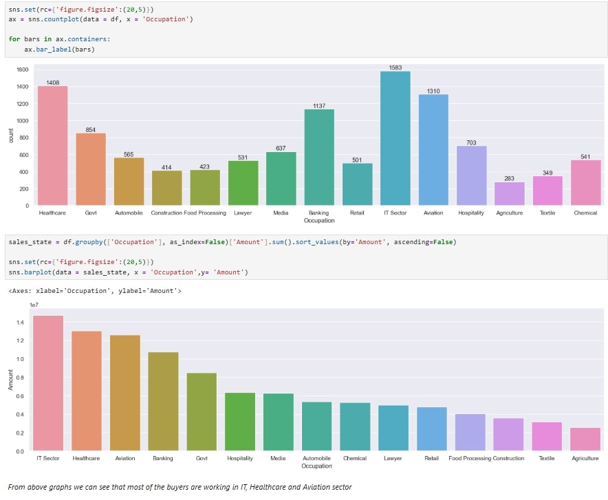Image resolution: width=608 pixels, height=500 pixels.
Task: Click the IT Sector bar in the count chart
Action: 395,138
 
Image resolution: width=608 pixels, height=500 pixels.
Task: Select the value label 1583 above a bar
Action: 395,67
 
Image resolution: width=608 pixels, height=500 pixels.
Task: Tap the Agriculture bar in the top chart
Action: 509,193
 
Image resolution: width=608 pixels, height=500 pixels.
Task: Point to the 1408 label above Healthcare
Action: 53,83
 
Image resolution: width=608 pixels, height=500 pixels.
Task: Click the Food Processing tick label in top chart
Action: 205,213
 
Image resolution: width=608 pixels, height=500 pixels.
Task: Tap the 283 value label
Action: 509,179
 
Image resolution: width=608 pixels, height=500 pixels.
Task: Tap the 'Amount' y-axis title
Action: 10,380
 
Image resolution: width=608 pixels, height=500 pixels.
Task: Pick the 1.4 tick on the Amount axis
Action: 20,323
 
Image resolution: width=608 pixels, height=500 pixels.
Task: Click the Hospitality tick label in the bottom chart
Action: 240,458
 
